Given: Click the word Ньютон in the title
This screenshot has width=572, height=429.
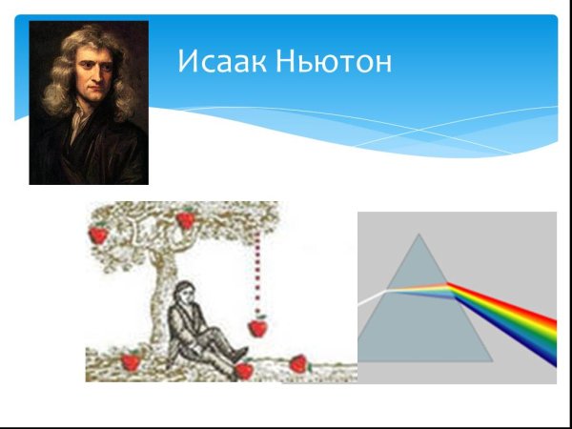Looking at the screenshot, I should click(x=334, y=63).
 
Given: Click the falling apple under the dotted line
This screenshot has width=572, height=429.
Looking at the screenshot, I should click(x=256, y=327).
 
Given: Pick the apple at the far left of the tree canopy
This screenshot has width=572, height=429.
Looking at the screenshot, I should click(x=97, y=234).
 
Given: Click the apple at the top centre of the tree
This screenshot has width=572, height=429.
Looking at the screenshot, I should click(x=186, y=220).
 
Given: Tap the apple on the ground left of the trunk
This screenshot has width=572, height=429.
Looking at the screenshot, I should click(x=130, y=361).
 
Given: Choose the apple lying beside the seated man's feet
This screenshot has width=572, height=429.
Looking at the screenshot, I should click(x=244, y=370).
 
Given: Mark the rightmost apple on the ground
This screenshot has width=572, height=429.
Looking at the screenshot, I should click(x=299, y=363).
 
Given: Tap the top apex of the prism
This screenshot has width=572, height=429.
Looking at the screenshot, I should click(x=417, y=235).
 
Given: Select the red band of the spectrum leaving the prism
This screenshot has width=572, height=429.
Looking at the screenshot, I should click(x=515, y=303).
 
